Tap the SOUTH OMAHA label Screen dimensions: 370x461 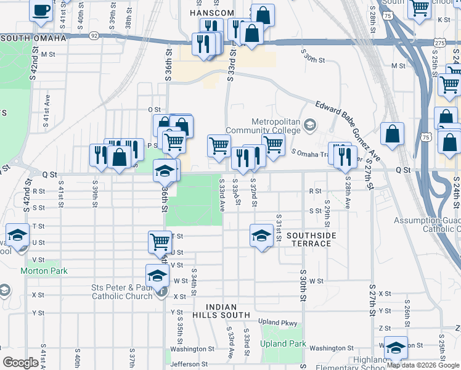point(33,38)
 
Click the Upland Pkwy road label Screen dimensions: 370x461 point(277,323)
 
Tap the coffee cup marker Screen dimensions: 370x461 point(41,10)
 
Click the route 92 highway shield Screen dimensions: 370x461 point(94,36)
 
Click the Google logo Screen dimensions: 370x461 point(20,363)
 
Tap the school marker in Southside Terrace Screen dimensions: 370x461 point(261,234)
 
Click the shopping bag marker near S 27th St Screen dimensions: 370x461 point(392,133)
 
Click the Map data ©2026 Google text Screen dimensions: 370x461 point(418,366)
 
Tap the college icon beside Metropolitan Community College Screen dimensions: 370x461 point(310,126)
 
